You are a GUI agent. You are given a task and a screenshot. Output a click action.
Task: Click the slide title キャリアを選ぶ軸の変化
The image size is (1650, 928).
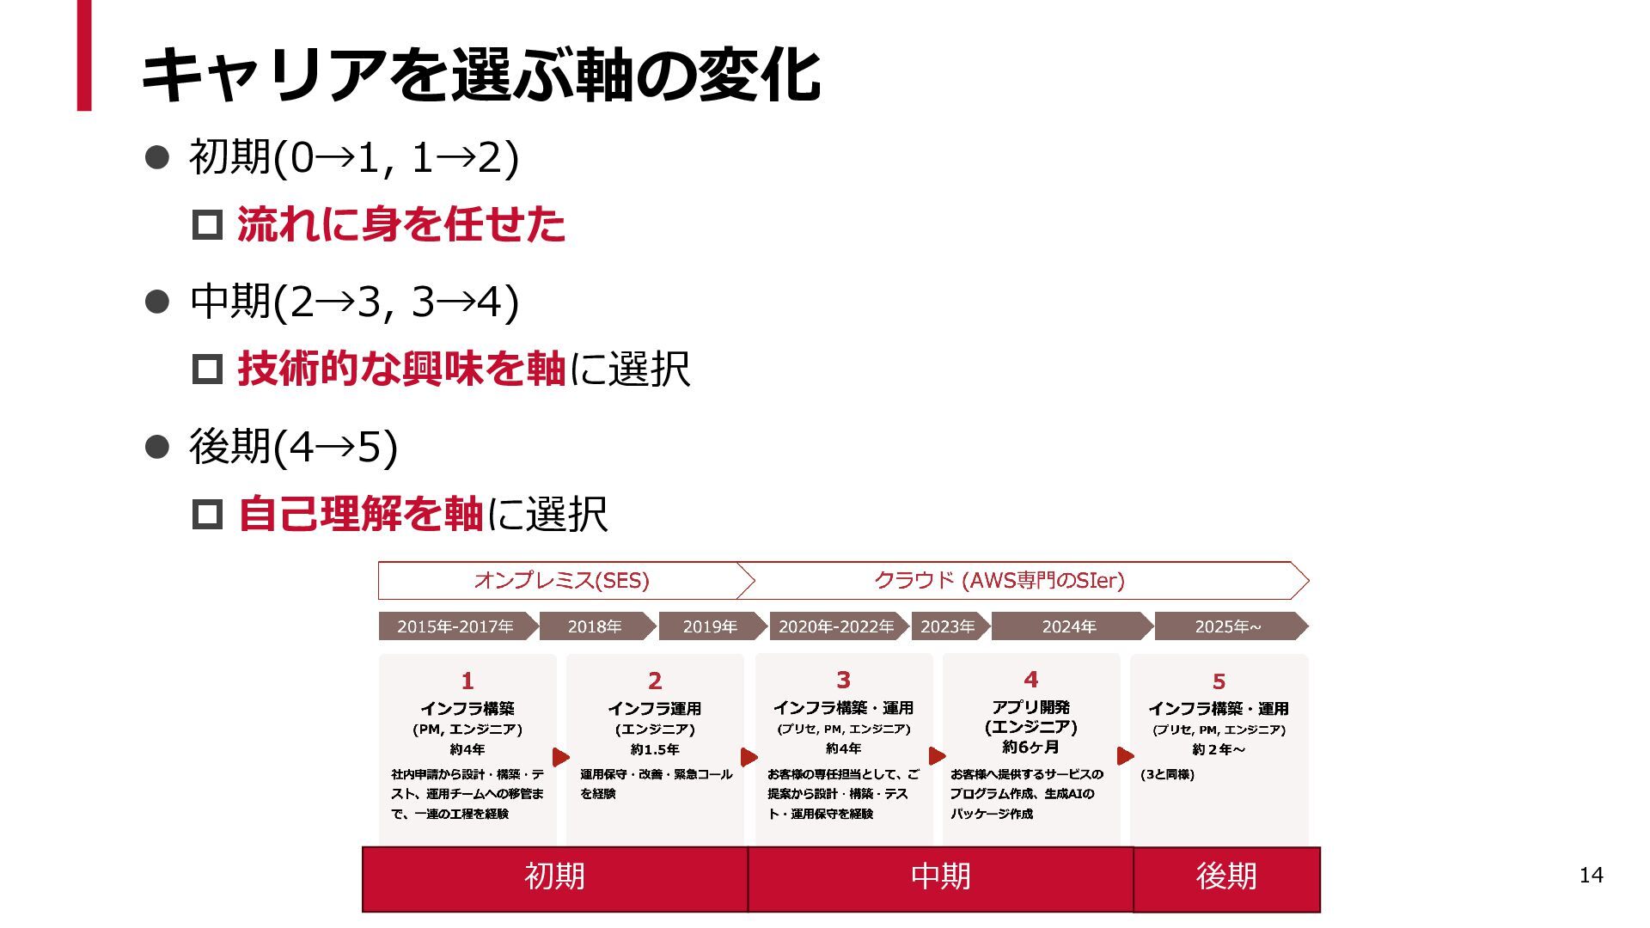pyautogui.click(x=481, y=75)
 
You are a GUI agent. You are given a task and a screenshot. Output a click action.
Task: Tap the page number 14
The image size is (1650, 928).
pyautogui.click(x=1591, y=875)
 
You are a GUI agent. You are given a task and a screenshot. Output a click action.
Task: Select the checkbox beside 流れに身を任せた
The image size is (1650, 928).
pyautogui.click(x=207, y=225)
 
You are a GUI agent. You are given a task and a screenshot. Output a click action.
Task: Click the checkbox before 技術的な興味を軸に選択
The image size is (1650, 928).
pyautogui.click(x=207, y=369)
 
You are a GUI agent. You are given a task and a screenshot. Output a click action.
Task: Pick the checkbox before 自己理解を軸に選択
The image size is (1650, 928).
pyautogui.click(x=207, y=515)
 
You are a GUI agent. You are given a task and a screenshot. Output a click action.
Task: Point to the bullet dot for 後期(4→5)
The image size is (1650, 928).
pyautogui.click(x=157, y=447)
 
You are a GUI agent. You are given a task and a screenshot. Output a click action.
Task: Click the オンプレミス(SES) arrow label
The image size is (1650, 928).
pyautogui.click(x=561, y=581)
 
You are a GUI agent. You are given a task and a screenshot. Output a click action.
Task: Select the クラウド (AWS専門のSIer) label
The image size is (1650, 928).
pyautogui.click(x=999, y=581)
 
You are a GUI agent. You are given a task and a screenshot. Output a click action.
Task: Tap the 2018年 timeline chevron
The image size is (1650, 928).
pyautogui.click(x=595, y=626)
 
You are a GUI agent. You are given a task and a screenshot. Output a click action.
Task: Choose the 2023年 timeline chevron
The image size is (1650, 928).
pyautogui.click(x=947, y=626)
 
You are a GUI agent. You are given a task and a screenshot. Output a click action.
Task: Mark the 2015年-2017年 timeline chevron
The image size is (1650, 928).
pyautogui.click(x=455, y=626)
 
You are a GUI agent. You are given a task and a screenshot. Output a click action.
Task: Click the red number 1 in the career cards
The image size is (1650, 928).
pyautogui.click(x=467, y=681)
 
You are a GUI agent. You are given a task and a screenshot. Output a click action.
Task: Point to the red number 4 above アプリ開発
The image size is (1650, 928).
pyautogui.click(x=1030, y=680)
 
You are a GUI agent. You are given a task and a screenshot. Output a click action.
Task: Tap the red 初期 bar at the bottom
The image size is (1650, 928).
pyautogui.click(x=554, y=877)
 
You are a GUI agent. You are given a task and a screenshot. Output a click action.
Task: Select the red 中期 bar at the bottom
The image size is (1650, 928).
pyautogui.click(x=940, y=877)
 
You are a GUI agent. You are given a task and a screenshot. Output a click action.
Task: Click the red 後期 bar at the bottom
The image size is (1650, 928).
pyautogui.click(x=1226, y=877)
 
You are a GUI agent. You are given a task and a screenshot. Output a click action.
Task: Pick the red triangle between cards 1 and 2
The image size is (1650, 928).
pyautogui.click(x=560, y=757)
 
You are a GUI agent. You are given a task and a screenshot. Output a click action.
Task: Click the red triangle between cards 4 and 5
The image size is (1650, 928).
pyautogui.click(x=1124, y=756)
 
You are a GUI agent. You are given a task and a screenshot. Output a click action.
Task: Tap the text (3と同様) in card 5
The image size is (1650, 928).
pyautogui.click(x=1167, y=774)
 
